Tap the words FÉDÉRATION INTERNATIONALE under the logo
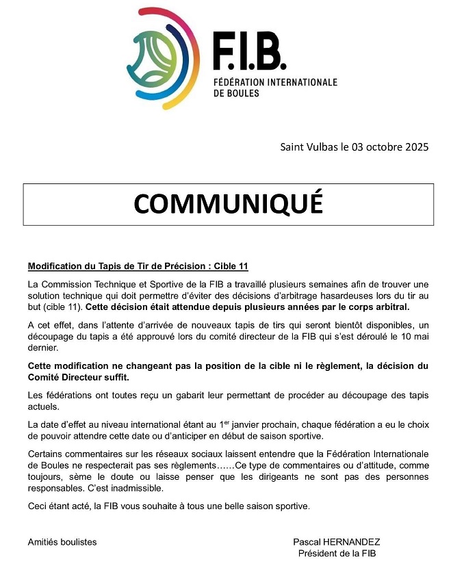274,82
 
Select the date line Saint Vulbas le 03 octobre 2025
354,147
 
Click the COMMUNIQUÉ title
228,203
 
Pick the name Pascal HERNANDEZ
336,542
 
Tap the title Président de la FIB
337,554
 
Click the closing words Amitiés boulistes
62,542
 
